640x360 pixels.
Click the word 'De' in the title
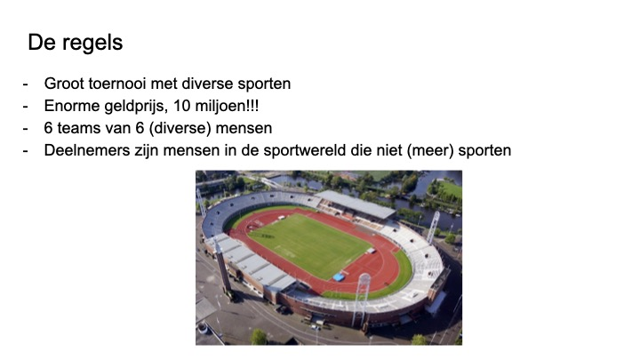(42, 42)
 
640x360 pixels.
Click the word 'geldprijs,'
(137, 107)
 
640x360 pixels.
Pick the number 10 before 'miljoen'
(181, 106)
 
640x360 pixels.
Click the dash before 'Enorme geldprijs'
(25, 107)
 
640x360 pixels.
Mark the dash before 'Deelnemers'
(25, 151)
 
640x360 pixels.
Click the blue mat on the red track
(339, 277)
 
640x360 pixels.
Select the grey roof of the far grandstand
(356, 204)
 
